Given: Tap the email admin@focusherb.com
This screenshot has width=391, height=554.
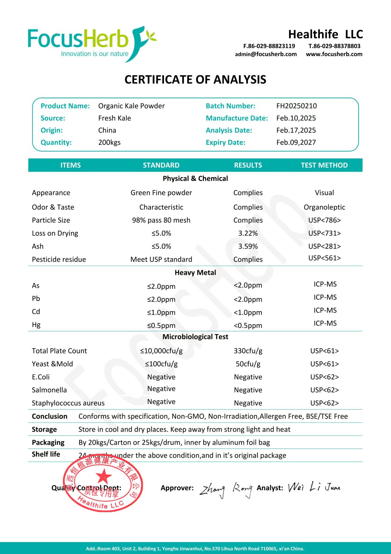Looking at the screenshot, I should coord(266,54).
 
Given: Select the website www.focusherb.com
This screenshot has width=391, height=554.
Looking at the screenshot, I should coord(334,54).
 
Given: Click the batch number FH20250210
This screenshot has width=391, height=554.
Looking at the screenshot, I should coord(296,106).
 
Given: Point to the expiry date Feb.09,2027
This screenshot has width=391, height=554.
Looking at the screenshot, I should coord(296,142).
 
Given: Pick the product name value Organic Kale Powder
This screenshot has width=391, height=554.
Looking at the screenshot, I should coord(131,106).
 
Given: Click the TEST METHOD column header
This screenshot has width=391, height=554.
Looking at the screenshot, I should coord(324,165).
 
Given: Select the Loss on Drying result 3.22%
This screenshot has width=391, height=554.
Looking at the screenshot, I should coord(248,233).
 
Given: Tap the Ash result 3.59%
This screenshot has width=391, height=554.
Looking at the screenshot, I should coord(248,246).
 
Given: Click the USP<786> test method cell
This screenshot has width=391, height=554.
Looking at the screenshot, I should coord(324,220).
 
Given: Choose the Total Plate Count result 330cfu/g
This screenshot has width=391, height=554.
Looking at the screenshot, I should coord(248,351).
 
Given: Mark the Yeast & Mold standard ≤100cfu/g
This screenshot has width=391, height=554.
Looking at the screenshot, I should coord(161,364).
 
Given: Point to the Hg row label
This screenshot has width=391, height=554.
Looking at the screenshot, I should coord(36,325).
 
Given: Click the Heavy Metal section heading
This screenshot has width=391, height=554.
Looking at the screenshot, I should coord(195,272).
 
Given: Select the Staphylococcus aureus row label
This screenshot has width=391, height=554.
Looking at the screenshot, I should coord(68,403).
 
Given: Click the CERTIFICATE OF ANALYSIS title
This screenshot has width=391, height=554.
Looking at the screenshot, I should coord(195,80).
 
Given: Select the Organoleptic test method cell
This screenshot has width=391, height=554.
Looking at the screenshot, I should coord(324,207).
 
